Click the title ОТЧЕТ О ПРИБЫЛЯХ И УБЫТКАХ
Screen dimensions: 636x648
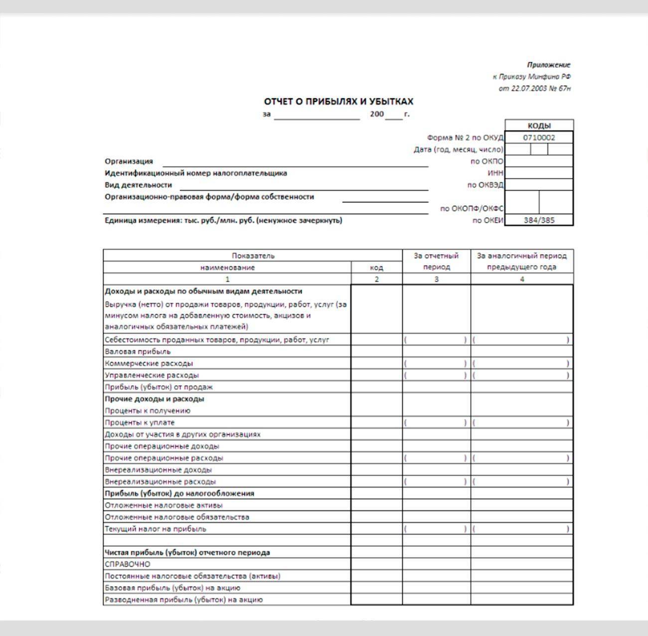(x=338, y=102)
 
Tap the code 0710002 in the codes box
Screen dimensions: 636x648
(x=539, y=138)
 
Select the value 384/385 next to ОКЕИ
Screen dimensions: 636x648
(x=539, y=220)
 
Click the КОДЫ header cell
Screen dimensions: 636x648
(x=539, y=126)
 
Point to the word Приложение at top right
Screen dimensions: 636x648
(x=548, y=65)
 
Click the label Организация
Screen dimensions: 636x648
(x=129, y=161)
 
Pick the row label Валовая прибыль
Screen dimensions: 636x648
(x=138, y=351)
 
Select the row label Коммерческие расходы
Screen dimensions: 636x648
(x=149, y=363)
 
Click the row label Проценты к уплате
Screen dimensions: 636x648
(x=140, y=423)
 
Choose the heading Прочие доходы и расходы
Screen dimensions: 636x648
(x=154, y=399)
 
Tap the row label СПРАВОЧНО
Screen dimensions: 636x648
(x=127, y=564)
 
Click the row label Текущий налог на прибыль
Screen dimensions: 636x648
(x=155, y=529)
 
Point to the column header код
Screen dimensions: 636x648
(x=376, y=268)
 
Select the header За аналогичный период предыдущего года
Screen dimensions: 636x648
(x=521, y=261)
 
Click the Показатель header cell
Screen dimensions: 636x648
(x=253, y=256)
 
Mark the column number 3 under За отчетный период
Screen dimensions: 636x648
(x=436, y=279)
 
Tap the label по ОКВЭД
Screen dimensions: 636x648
(x=485, y=185)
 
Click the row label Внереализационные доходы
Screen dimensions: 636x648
(x=158, y=470)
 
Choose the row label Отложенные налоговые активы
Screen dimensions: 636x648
(x=163, y=505)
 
